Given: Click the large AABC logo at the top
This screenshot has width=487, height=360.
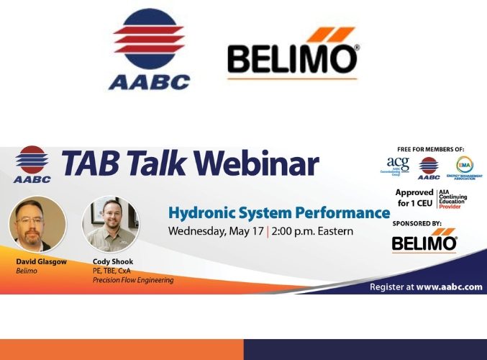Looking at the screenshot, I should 149,49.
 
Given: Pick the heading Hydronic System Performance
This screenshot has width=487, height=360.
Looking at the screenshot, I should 278,213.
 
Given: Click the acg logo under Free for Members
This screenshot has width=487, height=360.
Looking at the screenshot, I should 397,166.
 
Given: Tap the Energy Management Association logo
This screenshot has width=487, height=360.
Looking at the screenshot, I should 464,168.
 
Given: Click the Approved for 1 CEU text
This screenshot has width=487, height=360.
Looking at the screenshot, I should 414,198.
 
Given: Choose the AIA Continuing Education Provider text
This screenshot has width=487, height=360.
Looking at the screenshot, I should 457,198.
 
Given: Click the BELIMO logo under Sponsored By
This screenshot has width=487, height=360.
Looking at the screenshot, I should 424,241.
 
